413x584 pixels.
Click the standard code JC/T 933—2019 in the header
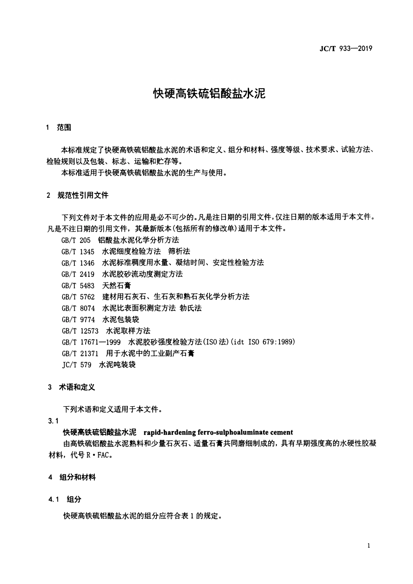click(x=346, y=48)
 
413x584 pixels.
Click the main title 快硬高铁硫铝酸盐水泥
click(x=209, y=94)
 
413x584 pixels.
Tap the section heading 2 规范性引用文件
click(x=77, y=196)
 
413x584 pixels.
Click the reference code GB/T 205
click(x=76, y=240)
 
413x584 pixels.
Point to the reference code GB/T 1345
click(x=78, y=252)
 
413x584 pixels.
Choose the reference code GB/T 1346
click(x=78, y=263)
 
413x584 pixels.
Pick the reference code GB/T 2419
click(x=78, y=274)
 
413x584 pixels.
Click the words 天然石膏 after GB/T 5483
click(x=117, y=285)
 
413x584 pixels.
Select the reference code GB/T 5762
click(x=78, y=297)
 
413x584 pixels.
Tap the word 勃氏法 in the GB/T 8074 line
click(x=191, y=308)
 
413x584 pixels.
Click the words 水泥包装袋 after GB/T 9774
click(x=120, y=319)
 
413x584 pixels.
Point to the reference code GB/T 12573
click(x=80, y=331)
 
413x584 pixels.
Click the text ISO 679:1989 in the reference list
click(x=271, y=342)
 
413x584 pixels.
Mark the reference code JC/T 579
click(x=77, y=365)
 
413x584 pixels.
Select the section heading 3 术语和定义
click(x=71, y=387)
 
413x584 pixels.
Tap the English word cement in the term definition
click(x=281, y=432)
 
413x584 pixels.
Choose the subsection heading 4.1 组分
click(x=65, y=500)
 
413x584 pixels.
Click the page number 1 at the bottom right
click(x=369, y=546)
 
